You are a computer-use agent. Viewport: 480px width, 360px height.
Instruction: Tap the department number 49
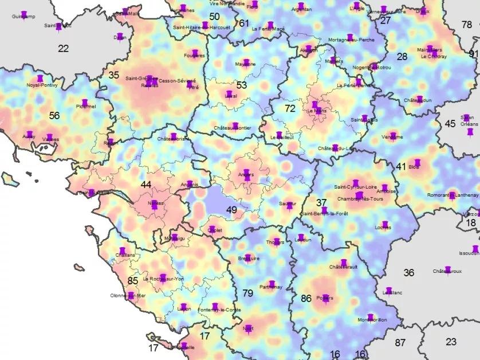click(231, 210)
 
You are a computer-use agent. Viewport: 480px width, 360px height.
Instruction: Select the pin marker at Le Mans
click(315, 106)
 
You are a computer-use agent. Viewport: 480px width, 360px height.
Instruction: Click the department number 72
click(290, 108)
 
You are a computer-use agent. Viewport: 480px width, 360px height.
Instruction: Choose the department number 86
click(306, 299)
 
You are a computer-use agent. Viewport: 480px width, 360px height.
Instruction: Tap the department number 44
click(146, 185)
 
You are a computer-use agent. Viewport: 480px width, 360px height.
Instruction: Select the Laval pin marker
click(230, 93)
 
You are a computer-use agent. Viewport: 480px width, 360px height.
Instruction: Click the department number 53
click(242, 85)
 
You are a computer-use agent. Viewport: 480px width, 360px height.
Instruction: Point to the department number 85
click(133, 281)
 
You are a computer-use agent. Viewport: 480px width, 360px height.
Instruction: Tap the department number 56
click(54, 115)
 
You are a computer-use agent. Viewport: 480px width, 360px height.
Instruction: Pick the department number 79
click(247, 294)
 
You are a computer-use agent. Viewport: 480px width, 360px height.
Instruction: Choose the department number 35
click(114, 75)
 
